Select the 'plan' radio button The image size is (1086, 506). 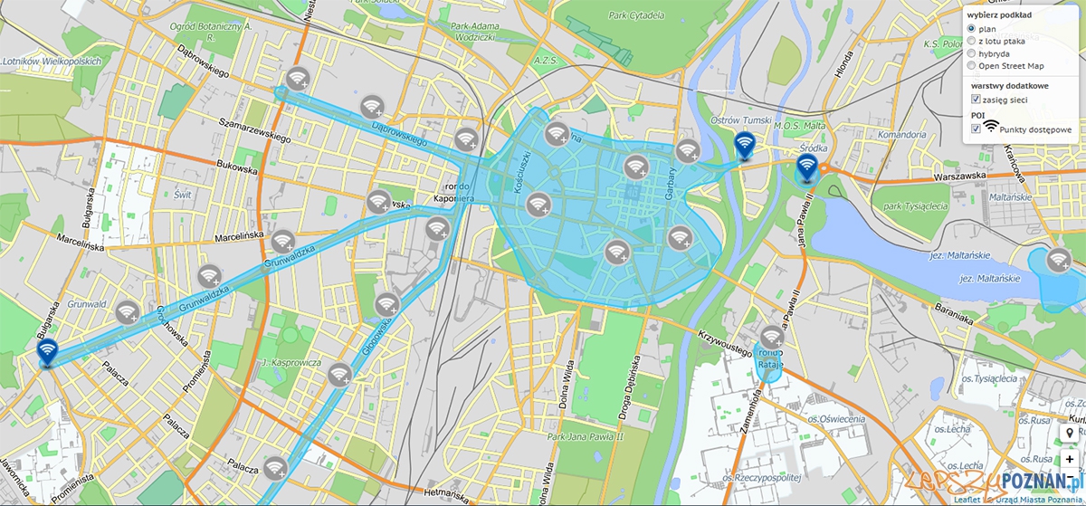point(972,29)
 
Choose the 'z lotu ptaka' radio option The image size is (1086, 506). point(972,41)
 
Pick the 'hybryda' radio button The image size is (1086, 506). point(972,53)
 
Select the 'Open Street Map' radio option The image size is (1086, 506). point(972,65)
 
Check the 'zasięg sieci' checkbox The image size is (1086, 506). point(976,99)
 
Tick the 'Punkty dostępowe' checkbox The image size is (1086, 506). point(976,129)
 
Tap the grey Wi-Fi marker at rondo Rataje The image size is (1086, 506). point(771,338)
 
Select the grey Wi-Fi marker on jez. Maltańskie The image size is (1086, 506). point(1057,260)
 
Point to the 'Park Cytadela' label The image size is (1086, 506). point(636,15)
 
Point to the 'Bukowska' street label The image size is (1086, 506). point(237,167)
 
